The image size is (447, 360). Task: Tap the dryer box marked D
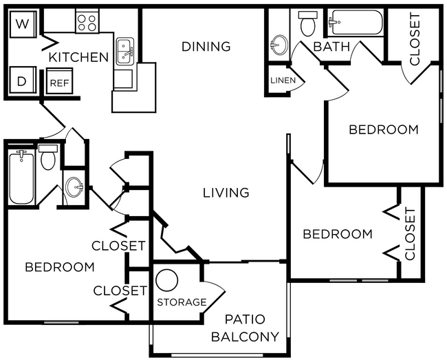22,81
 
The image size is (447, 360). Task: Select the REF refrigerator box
57,83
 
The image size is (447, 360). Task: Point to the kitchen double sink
125,51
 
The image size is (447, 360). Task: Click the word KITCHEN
79,57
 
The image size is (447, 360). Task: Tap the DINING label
206,47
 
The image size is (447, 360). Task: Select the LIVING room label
226,193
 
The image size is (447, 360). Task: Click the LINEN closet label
283,81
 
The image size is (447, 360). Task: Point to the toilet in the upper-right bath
307,24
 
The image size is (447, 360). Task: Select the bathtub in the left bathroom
21,178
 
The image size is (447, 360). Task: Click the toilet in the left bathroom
48,159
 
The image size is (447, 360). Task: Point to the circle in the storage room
167,281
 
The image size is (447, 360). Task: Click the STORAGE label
182,302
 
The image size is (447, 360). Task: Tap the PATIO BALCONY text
245,328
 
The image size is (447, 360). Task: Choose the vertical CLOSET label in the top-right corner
415,39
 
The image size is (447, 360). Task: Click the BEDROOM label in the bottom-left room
60,267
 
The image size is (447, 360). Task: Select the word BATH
331,47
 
